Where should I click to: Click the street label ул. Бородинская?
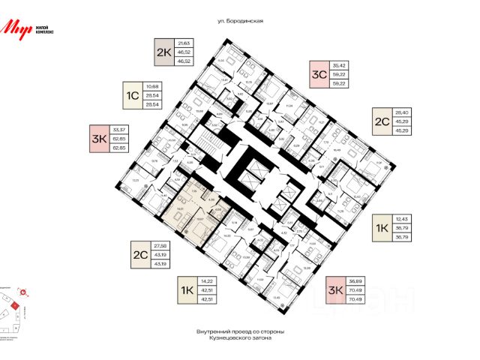(239, 22)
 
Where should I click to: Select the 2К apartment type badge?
(163, 52)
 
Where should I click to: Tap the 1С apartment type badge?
(132, 94)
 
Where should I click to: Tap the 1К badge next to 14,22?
(184, 289)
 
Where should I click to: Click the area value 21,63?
(184, 44)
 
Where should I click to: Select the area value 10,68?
(152, 86)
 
